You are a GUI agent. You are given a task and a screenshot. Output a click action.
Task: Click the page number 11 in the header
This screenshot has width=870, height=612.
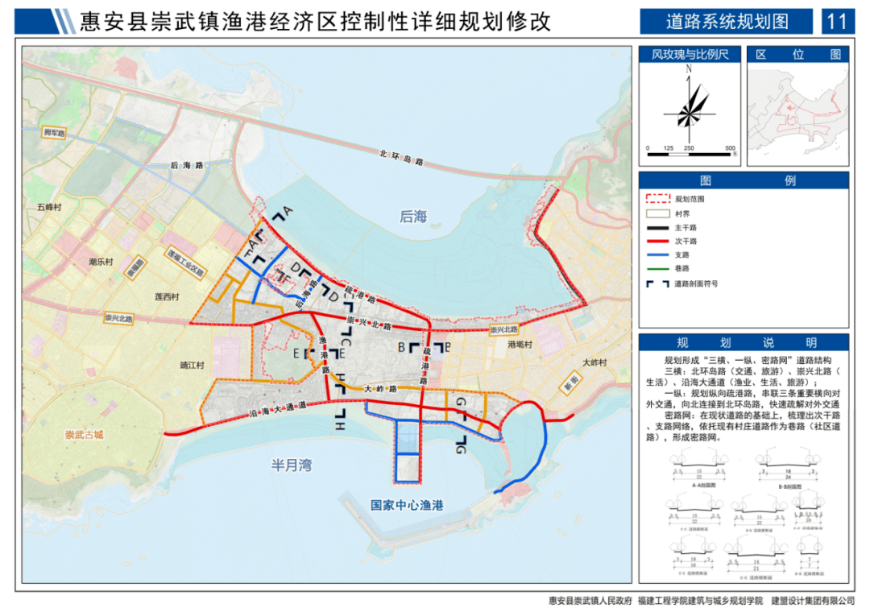point(838,21)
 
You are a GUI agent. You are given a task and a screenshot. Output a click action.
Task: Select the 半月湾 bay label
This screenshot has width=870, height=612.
point(291,465)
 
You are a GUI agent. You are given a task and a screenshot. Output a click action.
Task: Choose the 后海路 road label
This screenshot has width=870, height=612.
point(186,164)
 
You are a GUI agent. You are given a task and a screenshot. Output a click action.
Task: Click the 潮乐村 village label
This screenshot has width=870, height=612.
point(102,262)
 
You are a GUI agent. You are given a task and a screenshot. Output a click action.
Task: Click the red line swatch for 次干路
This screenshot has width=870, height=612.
point(658,241)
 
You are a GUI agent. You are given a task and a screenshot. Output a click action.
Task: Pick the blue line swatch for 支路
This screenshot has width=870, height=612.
point(658,254)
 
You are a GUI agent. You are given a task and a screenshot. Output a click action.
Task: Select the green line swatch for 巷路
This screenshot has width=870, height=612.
point(658,269)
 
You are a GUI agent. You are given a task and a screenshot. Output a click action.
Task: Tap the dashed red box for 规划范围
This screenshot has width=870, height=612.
point(658,197)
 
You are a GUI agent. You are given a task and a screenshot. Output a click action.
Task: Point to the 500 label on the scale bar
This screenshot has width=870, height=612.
point(730,149)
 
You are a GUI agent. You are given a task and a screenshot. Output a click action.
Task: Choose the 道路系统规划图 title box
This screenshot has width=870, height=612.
point(727,21)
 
